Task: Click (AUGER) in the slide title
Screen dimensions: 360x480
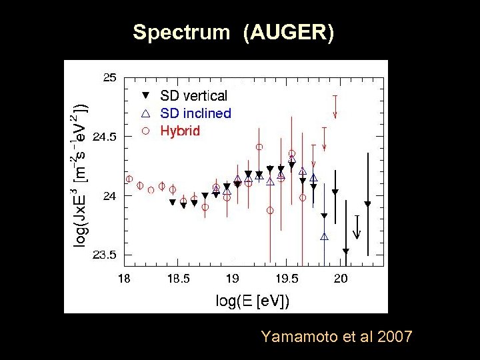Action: [x=289, y=32]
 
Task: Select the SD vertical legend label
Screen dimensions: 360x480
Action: [x=193, y=96]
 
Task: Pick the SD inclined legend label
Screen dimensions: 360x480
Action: [x=195, y=113]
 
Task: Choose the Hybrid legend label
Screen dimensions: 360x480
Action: [x=180, y=131]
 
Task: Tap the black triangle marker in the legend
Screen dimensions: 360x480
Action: [x=146, y=96]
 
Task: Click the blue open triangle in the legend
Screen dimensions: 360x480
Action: [x=146, y=113]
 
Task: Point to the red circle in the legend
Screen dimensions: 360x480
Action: [x=146, y=131]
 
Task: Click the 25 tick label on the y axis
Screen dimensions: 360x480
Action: [x=109, y=77]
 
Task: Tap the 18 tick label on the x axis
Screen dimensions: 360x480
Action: [x=124, y=278]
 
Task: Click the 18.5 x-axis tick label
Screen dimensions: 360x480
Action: [x=179, y=278]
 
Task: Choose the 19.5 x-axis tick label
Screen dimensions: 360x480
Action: [x=287, y=278]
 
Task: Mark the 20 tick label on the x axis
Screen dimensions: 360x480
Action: [x=341, y=278]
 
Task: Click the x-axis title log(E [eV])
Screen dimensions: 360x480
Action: [x=253, y=301]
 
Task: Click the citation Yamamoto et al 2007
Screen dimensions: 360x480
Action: [x=337, y=337]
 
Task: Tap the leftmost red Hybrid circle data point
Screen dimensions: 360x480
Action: [x=129, y=179]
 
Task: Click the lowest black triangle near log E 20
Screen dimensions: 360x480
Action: [x=346, y=251]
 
